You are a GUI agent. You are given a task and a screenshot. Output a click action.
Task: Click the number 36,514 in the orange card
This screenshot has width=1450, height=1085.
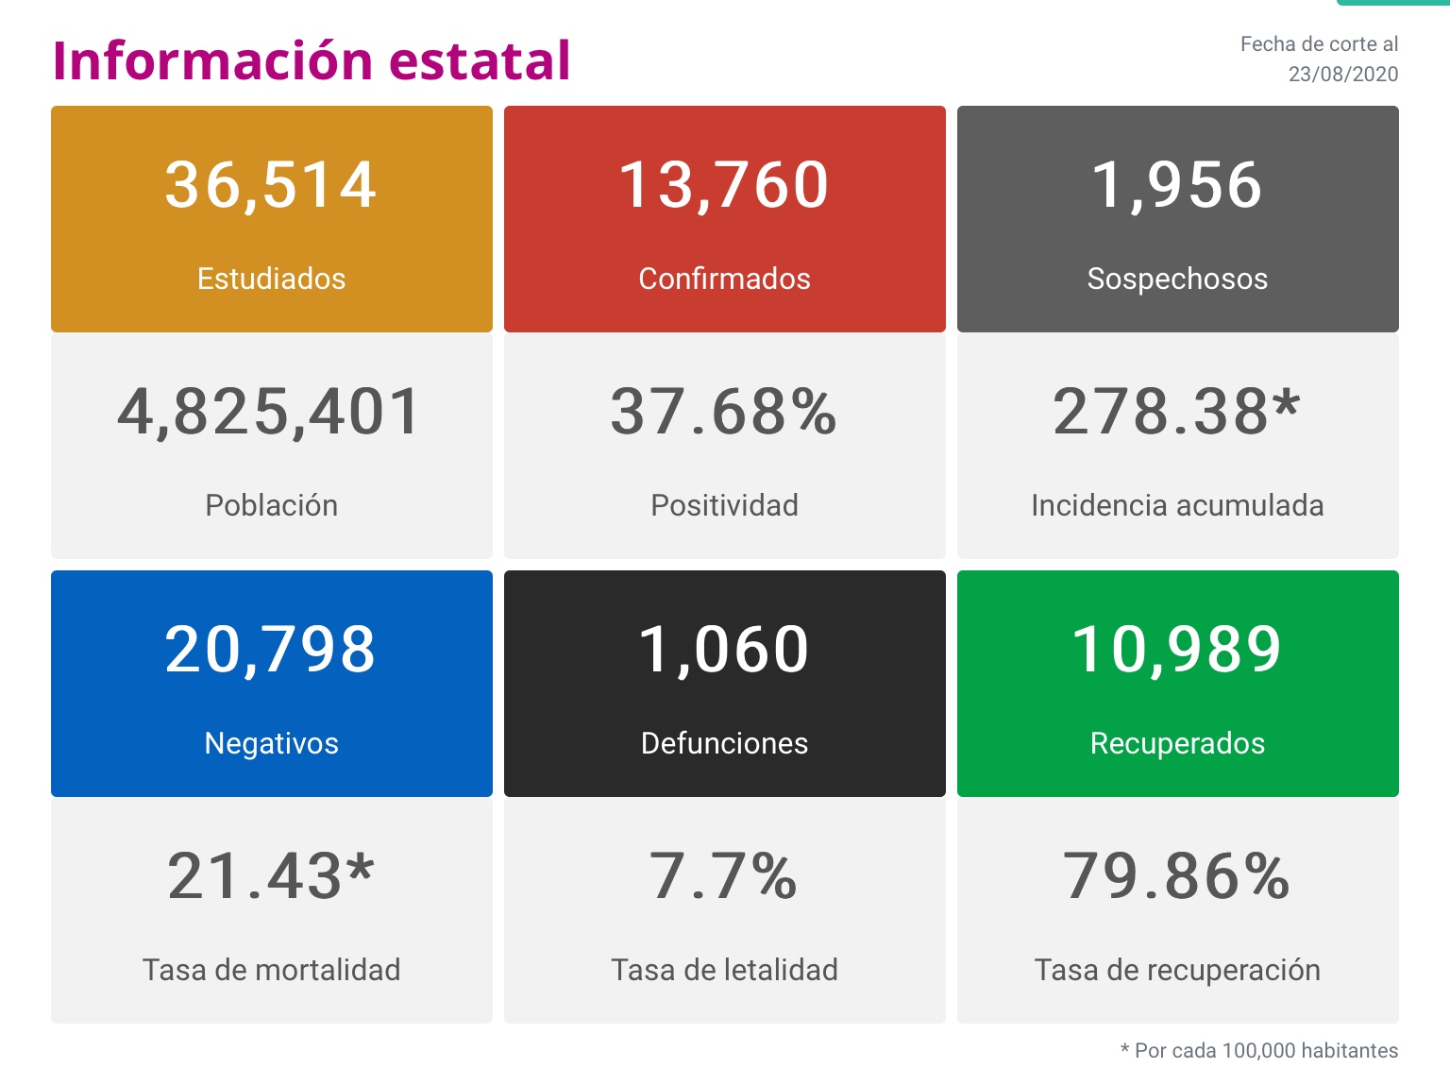click(x=271, y=184)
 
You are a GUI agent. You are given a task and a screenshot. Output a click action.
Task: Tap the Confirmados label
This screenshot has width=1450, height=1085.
click(x=724, y=279)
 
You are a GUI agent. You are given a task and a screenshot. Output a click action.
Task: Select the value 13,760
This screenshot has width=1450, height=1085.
click(x=724, y=184)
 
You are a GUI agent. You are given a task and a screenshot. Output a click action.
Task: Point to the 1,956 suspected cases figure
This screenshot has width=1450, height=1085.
click(x=1177, y=184)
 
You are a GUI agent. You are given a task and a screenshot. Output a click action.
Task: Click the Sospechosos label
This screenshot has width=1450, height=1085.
click(x=1177, y=279)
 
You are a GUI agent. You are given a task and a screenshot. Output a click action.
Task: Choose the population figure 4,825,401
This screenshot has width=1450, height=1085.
click(x=270, y=412)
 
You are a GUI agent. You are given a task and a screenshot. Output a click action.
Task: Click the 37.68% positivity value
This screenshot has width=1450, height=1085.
click(x=724, y=412)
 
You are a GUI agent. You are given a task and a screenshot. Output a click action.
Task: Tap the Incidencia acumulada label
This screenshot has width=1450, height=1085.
click(x=1177, y=505)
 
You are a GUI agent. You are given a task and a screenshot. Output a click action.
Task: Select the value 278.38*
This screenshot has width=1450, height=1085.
click(x=1177, y=412)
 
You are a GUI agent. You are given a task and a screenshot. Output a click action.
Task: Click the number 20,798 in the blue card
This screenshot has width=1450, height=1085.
click(x=271, y=650)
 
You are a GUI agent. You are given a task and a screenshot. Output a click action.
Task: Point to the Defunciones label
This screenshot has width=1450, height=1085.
click(x=724, y=743)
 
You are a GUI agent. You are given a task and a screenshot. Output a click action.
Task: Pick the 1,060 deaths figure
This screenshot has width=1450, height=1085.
click(x=724, y=650)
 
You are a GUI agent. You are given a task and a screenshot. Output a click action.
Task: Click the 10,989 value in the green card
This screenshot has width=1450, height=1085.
click(x=1177, y=650)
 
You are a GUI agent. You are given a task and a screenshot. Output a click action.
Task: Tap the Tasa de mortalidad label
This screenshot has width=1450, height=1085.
click(x=271, y=970)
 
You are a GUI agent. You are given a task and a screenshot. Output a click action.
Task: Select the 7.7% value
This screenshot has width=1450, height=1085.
click(x=724, y=876)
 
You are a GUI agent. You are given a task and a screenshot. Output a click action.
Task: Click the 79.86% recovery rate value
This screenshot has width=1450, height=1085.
click(x=1177, y=876)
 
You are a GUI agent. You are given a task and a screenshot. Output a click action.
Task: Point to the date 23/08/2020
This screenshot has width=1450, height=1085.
click(x=1342, y=74)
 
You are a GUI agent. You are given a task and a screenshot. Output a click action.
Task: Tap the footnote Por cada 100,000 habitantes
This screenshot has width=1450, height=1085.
click(x=1265, y=1050)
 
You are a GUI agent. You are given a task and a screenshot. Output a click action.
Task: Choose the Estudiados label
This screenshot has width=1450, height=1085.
click(x=271, y=279)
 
